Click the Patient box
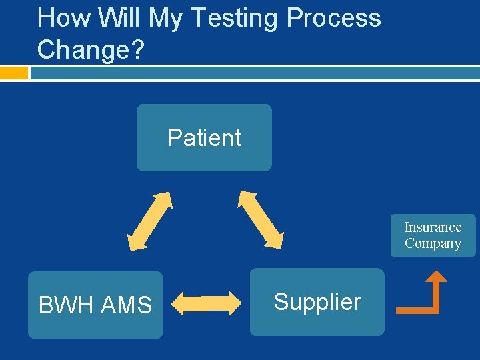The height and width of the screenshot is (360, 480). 204,138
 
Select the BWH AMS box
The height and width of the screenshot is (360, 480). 95,305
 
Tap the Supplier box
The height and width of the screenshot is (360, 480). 317,302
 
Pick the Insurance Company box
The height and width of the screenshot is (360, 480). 433,235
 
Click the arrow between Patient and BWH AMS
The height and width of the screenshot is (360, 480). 150,221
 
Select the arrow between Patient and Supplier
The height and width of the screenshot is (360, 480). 261,219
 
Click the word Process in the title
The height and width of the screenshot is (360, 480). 333,17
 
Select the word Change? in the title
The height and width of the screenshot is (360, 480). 91,49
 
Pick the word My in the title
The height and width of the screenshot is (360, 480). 164,19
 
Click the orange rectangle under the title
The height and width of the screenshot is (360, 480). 14,72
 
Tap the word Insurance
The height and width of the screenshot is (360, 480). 433,227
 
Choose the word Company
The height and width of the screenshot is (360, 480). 433,243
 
